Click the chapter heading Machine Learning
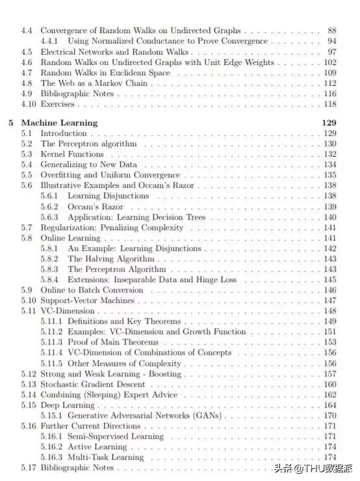pos(59,122)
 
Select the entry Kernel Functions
pos(72,154)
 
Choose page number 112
pos(330,83)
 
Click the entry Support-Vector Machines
pos(87,300)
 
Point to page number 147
pos(330,300)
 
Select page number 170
pos(330,415)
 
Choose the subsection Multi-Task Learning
pos(105,458)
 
